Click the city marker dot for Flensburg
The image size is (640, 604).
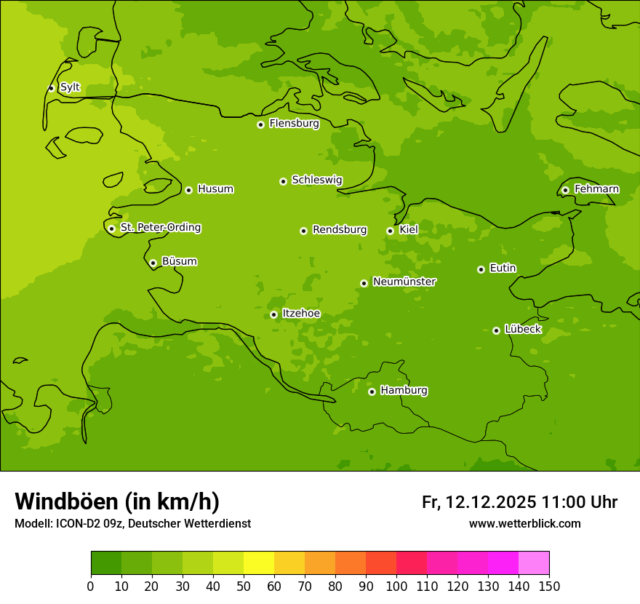pos(260,124)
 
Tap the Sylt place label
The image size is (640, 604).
pos(70,87)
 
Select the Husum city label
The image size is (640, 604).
pos(215,189)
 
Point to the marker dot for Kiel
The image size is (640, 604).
pos(390,231)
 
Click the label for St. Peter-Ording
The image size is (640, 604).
pos(160,228)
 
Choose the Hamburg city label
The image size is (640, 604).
pos(404,391)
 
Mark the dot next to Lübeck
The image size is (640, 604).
pos(496,330)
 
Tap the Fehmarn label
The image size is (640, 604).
pos(596,189)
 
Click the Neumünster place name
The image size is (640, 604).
pos(404,282)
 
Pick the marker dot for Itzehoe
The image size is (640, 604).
pos(273,314)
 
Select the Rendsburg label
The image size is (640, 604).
pos(340,230)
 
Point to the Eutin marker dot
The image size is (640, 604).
pos(481,269)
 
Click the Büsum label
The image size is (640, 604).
pos(179,261)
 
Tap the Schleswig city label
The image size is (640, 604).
pos(316,180)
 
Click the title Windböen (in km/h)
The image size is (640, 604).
pos(117,501)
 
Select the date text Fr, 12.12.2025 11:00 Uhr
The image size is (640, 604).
pos(519,502)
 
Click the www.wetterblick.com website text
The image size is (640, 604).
pos(524,524)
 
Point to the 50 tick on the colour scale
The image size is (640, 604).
pos(244,586)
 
